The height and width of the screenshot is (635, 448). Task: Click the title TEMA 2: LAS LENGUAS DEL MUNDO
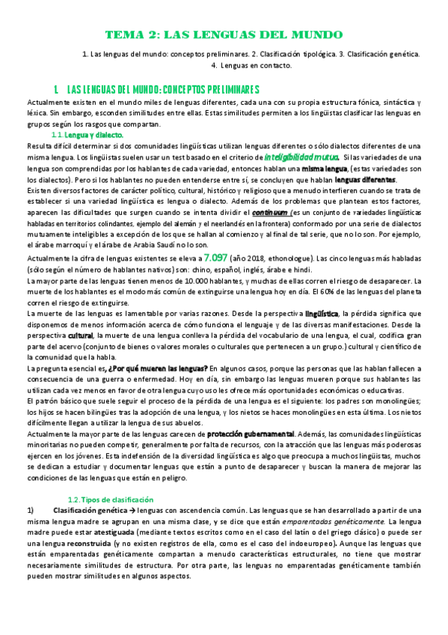[224, 35]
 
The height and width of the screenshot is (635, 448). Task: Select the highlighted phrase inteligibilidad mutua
[301, 157]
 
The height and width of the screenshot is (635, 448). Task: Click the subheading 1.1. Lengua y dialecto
[82, 134]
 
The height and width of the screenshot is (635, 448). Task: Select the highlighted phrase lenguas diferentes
[365, 180]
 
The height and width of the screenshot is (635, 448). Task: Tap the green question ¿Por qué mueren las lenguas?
[157, 368]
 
